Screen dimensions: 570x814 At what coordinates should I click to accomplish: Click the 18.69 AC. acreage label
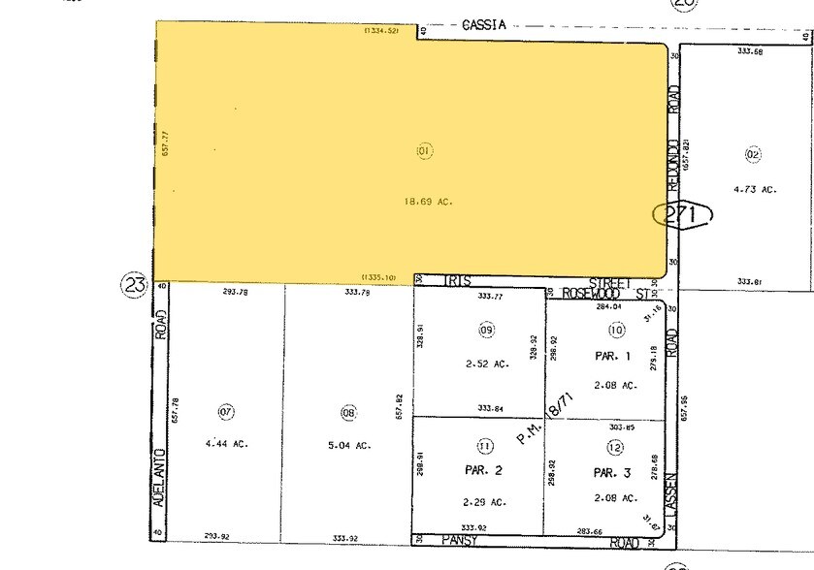429,202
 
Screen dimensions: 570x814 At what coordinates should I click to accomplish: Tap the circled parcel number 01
423,150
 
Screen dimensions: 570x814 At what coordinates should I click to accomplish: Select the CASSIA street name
485,26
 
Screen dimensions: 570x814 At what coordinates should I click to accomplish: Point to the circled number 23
134,285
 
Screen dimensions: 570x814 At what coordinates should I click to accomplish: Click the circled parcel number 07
226,412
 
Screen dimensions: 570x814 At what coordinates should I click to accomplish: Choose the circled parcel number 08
348,412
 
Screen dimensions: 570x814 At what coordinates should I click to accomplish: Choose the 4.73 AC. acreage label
757,190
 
